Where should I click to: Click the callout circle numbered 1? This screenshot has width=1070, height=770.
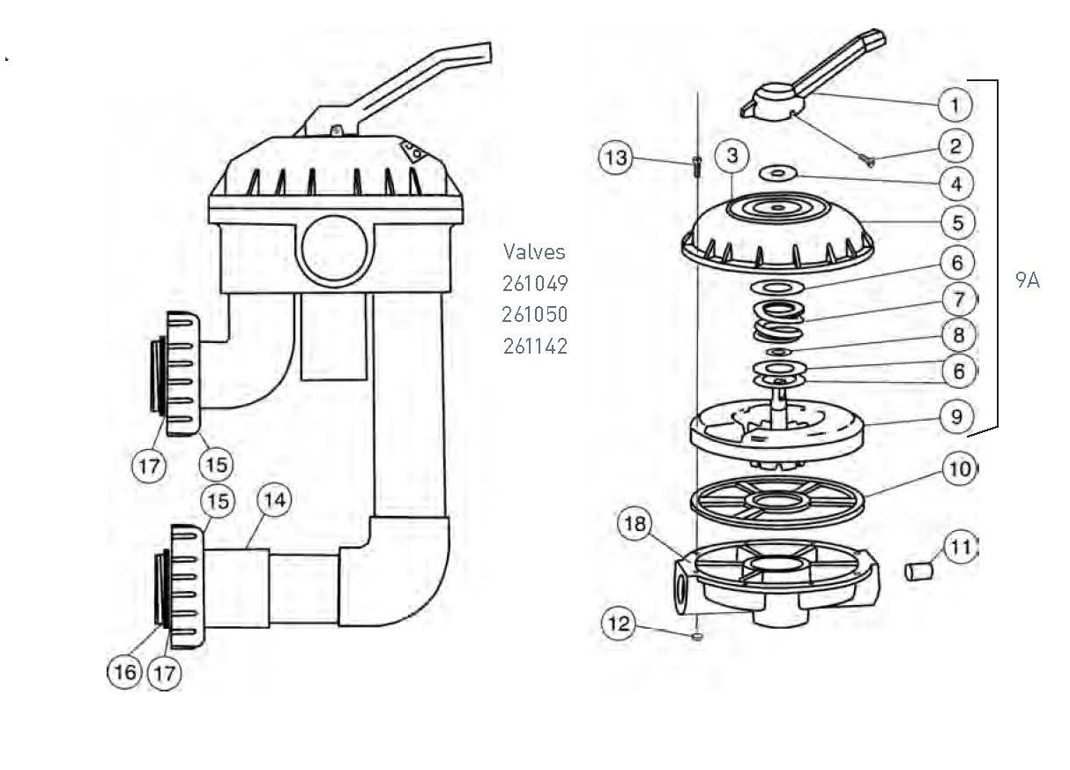[955, 105]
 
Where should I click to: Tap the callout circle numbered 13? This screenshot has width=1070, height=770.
[615, 159]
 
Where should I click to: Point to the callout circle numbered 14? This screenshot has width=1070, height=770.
[274, 501]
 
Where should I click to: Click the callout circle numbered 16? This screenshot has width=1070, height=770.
[124, 672]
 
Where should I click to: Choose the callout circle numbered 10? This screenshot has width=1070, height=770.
[961, 468]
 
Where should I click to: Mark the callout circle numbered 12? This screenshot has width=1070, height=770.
[620, 624]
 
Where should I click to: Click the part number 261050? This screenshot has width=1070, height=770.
[534, 315]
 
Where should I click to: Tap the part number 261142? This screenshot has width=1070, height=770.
[534, 346]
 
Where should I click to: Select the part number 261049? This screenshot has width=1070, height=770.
[534, 284]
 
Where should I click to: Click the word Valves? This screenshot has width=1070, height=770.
[534, 251]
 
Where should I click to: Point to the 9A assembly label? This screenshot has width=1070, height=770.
[1027, 281]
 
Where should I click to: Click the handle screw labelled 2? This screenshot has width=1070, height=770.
[866, 160]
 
